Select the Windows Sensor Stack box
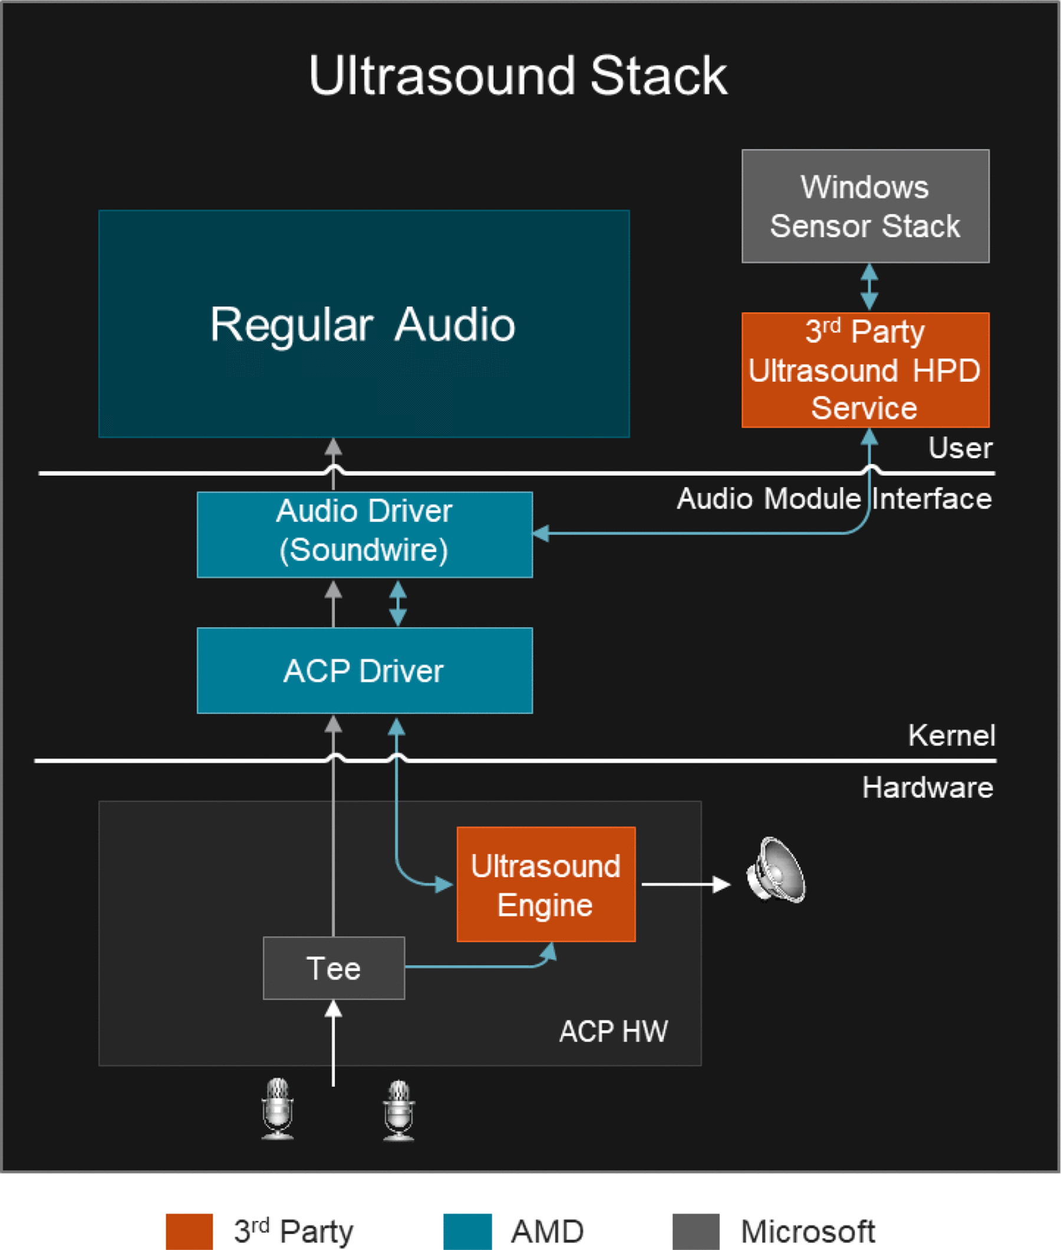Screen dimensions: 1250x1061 click(x=865, y=206)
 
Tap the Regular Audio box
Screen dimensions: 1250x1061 click(x=363, y=324)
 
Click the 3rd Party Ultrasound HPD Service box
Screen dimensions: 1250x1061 click(x=865, y=370)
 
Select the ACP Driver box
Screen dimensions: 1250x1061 click(x=364, y=671)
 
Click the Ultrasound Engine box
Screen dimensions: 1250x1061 click(x=546, y=884)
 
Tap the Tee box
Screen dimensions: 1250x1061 click(x=333, y=968)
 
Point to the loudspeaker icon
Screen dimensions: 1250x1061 click(x=776, y=870)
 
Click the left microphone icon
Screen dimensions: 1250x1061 click(x=277, y=1108)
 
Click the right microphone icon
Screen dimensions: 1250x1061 click(x=398, y=1109)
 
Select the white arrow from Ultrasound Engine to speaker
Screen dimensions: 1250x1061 click(x=686, y=885)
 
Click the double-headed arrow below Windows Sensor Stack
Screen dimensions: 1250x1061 click(x=869, y=288)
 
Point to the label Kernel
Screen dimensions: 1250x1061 click(x=951, y=736)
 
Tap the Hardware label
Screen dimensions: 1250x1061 click(x=927, y=787)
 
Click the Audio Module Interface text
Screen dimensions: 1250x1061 click(x=833, y=499)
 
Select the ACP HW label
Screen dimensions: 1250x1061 click(x=613, y=1031)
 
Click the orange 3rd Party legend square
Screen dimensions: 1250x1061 click(x=189, y=1231)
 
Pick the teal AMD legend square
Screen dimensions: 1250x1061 click(x=467, y=1231)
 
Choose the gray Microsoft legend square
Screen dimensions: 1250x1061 click(x=696, y=1231)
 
